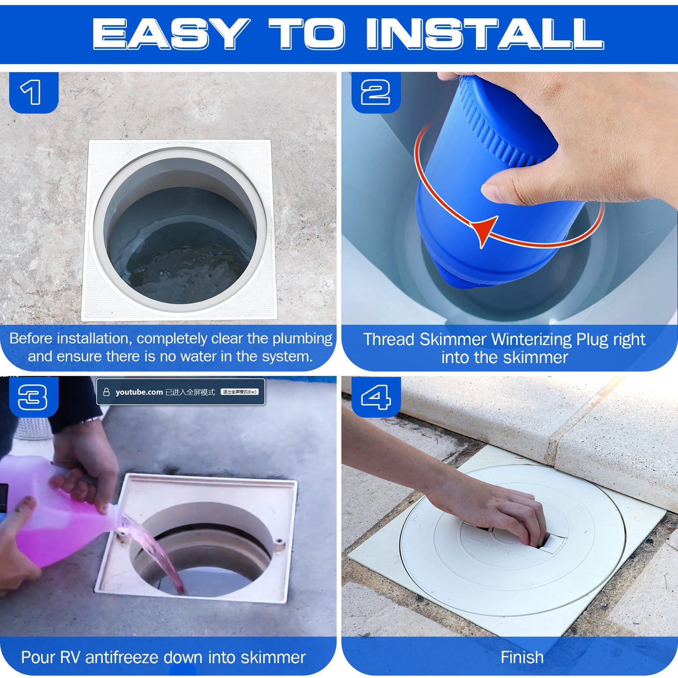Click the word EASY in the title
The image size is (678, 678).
click(170, 34)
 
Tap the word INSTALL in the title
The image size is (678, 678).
click(484, 34)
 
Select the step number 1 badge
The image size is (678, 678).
click(33, 92)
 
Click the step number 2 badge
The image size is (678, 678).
click(376, 92)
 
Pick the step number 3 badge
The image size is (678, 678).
click(33, 396)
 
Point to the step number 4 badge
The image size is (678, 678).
click(376, 396)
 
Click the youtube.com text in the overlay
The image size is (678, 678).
click(139, 392)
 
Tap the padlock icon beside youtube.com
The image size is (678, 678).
click(106, 392)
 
